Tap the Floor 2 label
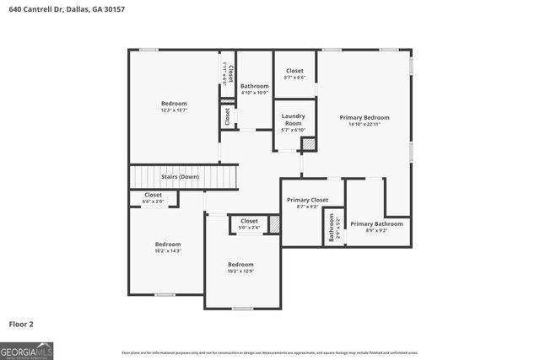point(21,323)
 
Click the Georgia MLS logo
point(26,348)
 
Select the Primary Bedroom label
point(364,117)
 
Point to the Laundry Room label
point(293,120)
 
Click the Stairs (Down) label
point(180,177)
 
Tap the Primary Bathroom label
point(376,223)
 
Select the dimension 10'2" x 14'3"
point(168,250)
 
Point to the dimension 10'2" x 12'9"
point(240,271)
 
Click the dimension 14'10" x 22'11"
point(364,124)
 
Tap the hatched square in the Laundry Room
point(309,144)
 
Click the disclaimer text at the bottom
point(269,352)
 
